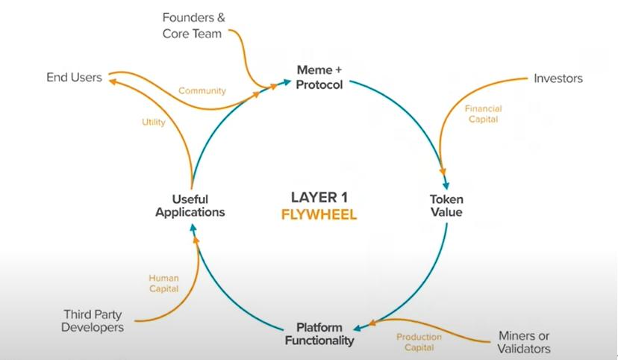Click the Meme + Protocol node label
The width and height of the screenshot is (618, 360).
tap(319, 77)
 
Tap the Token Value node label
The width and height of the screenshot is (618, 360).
tap(446, 205)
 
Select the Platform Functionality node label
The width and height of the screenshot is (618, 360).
tap(319, 334)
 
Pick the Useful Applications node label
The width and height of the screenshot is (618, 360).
tap(190, 205)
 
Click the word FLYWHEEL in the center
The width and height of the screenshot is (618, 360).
tap(319, 215)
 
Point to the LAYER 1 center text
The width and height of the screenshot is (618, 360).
tap(319, 198)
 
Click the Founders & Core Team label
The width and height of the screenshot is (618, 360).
tap(193, 24)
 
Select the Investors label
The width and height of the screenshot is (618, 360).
tap(558, 78)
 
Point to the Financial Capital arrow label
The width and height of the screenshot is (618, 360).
tap(484, 114)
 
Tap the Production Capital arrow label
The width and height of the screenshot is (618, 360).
tap(419, 342)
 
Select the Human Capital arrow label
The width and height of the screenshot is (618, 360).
tap(163, 285)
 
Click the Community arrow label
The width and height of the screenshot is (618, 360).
tap(202, 91)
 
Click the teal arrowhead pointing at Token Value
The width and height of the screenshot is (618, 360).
tap(446, 184)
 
